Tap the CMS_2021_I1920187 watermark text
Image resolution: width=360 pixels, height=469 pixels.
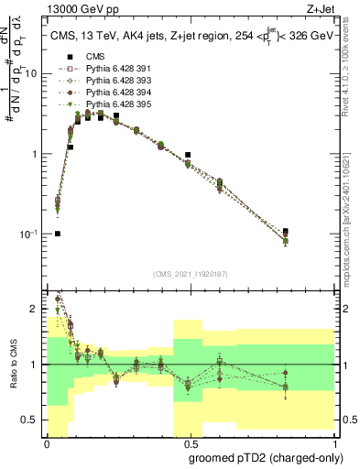coord(191,274)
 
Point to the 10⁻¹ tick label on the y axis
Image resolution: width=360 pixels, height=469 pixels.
coord(31,234)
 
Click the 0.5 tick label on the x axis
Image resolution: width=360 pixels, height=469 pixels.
coord(190,442)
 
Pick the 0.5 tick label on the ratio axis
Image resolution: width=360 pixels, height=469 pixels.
coord(34,420)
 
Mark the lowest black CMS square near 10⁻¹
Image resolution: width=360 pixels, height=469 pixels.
coord(58,234)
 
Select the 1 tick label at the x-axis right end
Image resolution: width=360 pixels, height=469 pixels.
coord(334,442)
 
